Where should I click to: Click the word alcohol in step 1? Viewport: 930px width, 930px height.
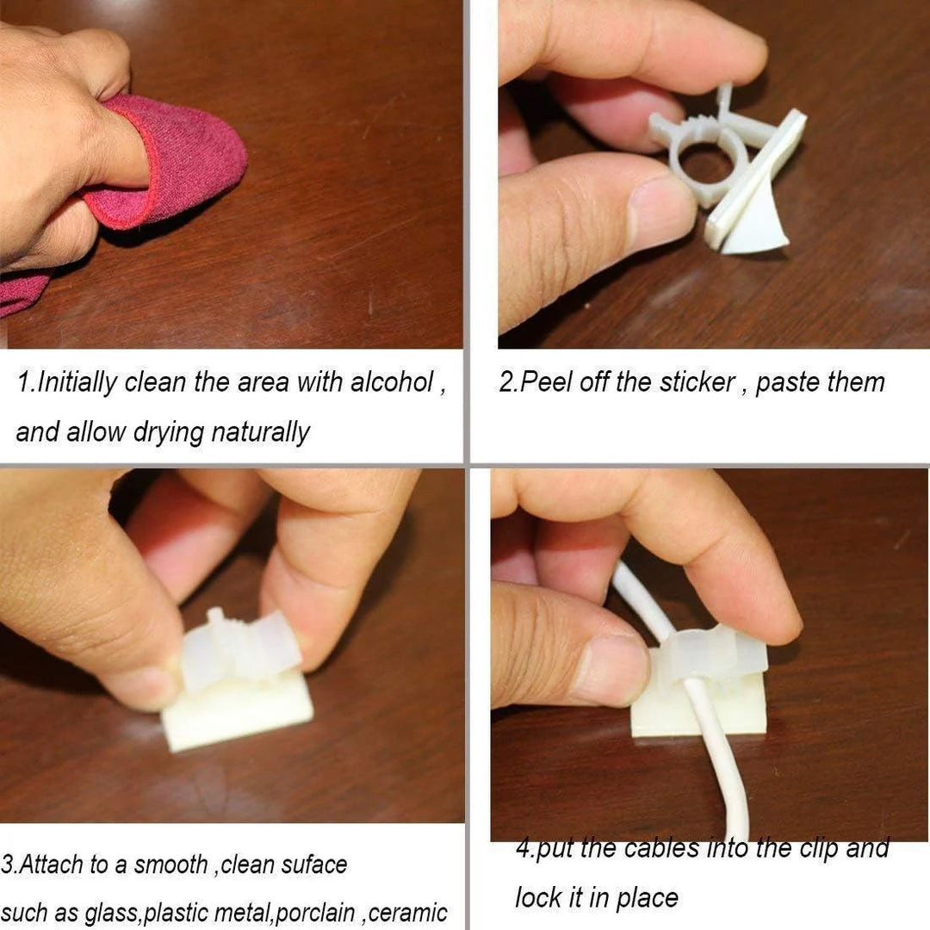(391, 382)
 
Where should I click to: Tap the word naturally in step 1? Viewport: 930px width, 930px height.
(260, 432)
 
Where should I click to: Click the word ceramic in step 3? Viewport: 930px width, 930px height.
(409, 914)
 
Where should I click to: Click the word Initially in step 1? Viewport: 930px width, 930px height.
(77, 382)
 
